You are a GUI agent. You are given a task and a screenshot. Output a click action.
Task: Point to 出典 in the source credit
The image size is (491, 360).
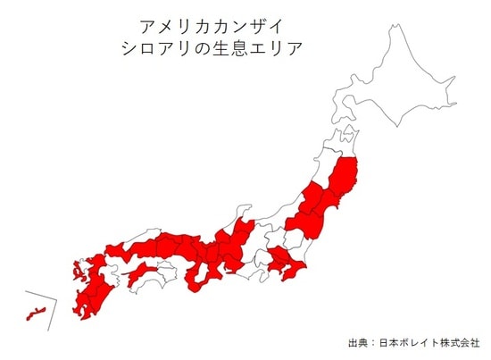coord(358,342)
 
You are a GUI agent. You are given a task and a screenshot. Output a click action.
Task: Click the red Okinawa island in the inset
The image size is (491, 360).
coord(35,312)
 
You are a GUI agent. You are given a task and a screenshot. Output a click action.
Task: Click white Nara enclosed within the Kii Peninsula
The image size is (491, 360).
coord(213,272)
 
